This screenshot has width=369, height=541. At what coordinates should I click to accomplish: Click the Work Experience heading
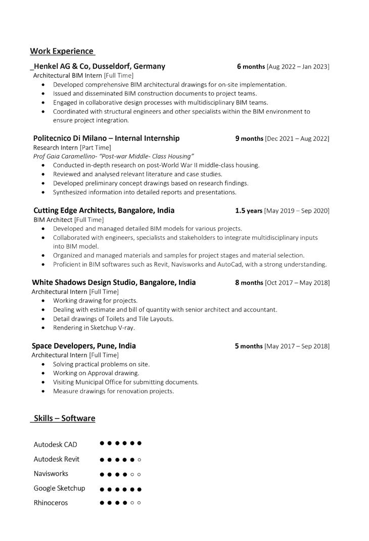tap(62, 51)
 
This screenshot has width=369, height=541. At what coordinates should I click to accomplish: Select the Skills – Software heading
tap(64, 418)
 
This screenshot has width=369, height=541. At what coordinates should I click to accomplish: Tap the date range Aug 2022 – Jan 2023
tap(298, 67)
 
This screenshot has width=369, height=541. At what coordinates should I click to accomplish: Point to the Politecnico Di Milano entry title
tap(106, 138)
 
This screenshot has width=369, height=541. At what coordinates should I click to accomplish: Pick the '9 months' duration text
tap(249, 138)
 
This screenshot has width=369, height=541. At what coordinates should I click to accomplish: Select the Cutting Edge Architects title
tap(104, 211)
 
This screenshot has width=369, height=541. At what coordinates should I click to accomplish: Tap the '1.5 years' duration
tap(248, 211)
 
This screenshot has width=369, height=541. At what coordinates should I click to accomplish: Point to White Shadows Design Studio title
tap(114, 282)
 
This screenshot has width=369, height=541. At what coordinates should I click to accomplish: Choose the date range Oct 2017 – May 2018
tap(297, 283)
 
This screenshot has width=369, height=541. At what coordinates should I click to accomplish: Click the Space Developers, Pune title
tap(83, 346)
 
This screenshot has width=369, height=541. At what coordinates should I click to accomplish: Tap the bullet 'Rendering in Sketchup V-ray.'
tap(94, 328)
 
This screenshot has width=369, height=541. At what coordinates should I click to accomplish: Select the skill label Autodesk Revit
tap(57, 459)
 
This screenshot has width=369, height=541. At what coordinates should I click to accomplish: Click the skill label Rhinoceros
tap(51, 503)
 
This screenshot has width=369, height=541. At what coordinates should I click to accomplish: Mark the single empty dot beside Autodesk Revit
tap(140, 460)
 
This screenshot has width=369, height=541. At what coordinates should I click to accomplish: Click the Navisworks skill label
tap(51, 474)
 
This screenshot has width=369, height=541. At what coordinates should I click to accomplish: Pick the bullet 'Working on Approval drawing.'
tap(96, 373)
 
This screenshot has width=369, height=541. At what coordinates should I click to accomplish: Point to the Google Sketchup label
tap(59, 488)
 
